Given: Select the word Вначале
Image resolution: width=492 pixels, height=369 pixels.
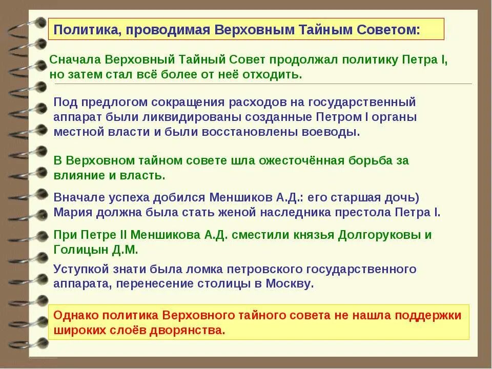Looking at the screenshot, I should point(77,197).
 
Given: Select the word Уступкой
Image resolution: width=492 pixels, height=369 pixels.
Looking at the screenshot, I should point(80,269).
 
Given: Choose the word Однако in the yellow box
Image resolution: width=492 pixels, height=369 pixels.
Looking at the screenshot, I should point(75,315).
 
